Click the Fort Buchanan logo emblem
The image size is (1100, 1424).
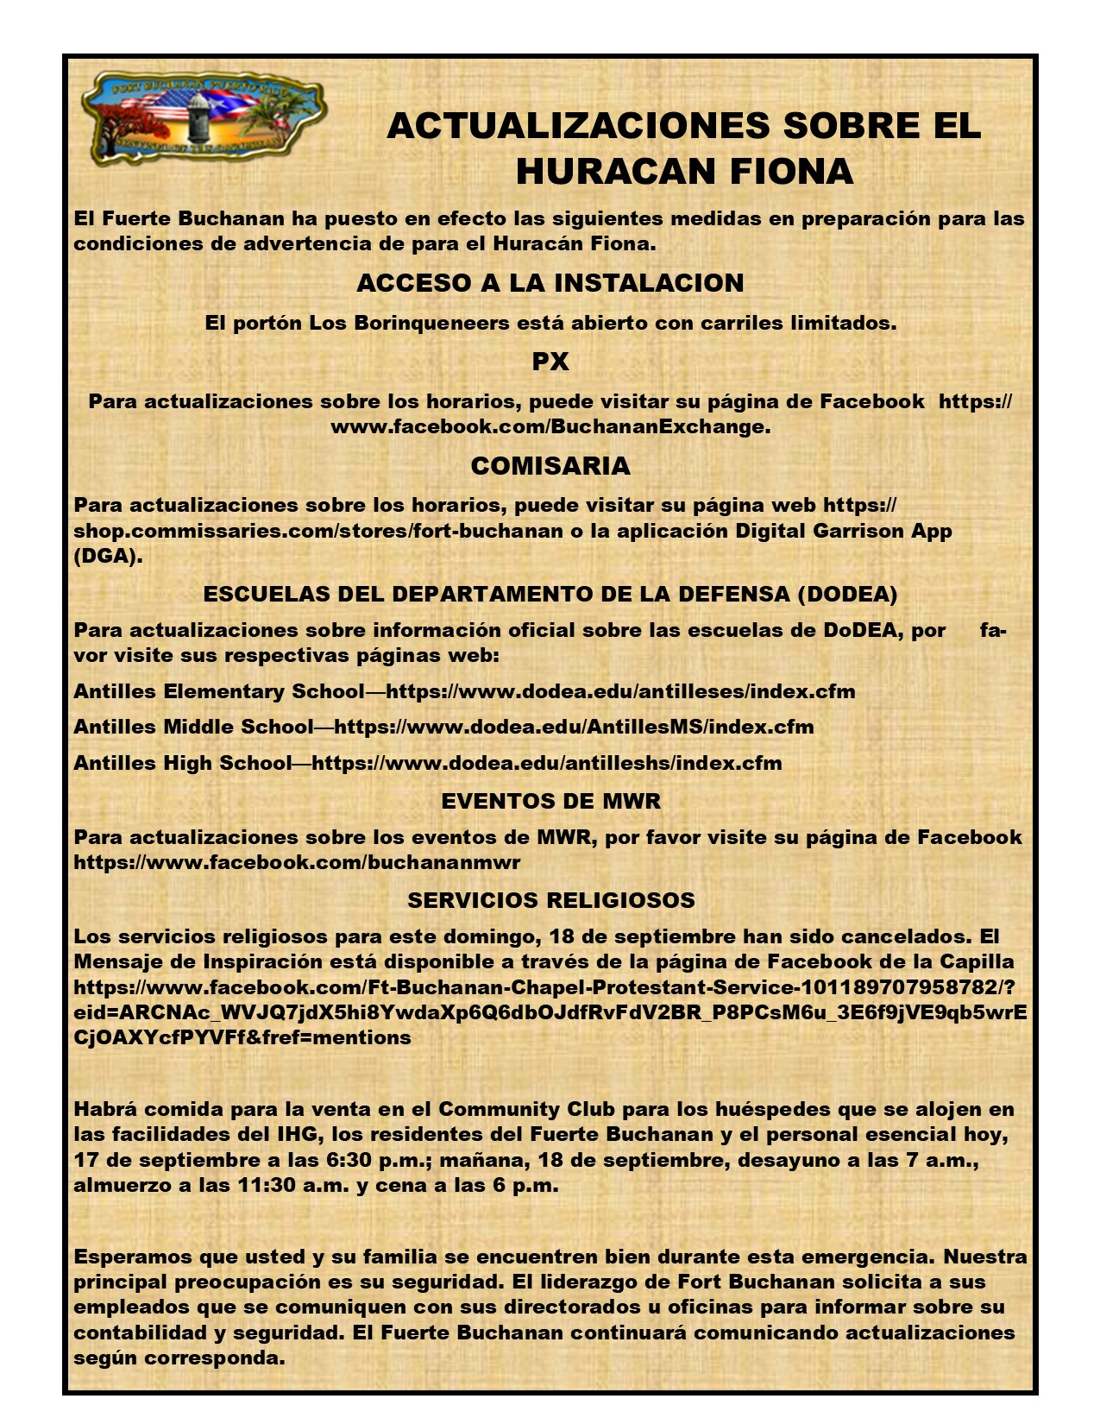[203, 118]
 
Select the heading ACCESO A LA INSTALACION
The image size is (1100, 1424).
[550, 283]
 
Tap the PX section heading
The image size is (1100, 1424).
[550, 362]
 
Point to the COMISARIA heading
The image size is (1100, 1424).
[550, 466]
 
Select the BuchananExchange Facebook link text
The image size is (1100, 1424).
[550, 426]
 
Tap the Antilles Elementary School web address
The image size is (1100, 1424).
[620, 691]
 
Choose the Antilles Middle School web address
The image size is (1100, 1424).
[574, 727]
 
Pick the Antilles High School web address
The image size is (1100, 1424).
[547, 763]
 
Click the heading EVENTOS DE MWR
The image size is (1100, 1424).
[550, 801]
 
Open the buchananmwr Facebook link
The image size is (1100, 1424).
[297, 862]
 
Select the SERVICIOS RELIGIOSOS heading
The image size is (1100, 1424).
[550, 900]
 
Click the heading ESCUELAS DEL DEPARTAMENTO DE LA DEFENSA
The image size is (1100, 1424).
[550, 594]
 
